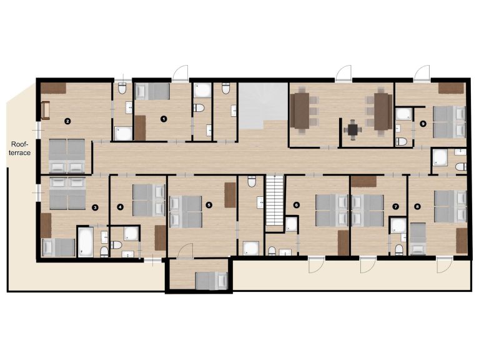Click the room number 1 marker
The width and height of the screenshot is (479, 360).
tap(164, 119)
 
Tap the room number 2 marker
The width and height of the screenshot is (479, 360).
tap(67, 121)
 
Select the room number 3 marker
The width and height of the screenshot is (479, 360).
tap(95, 207)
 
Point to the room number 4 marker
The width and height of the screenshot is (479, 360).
tap(121, 207)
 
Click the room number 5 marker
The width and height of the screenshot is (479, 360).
tap(209, 205)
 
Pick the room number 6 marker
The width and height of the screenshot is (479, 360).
tap(296, 205)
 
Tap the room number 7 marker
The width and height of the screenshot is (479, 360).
tap(395, 207)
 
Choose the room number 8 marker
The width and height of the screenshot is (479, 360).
tap(417, 207)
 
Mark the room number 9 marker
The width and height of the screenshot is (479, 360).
tap(423, 124)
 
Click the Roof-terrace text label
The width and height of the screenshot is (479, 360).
tap(20, 149)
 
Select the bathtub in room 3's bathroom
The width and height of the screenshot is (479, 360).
tap(85, 242)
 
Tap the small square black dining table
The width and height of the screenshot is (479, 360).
tap(353, 130)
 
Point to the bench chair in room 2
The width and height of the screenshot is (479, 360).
tap(45, 111)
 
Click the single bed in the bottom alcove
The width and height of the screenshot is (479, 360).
tap(211, 281)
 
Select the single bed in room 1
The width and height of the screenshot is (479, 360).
tap(152, 91)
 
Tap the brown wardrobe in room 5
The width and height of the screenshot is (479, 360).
tap(230, 195)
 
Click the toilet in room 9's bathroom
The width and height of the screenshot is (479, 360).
tap(401, 141)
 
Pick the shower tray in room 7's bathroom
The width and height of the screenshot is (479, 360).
tap(398, 226)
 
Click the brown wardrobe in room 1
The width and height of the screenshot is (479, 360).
tap(141, 128)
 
